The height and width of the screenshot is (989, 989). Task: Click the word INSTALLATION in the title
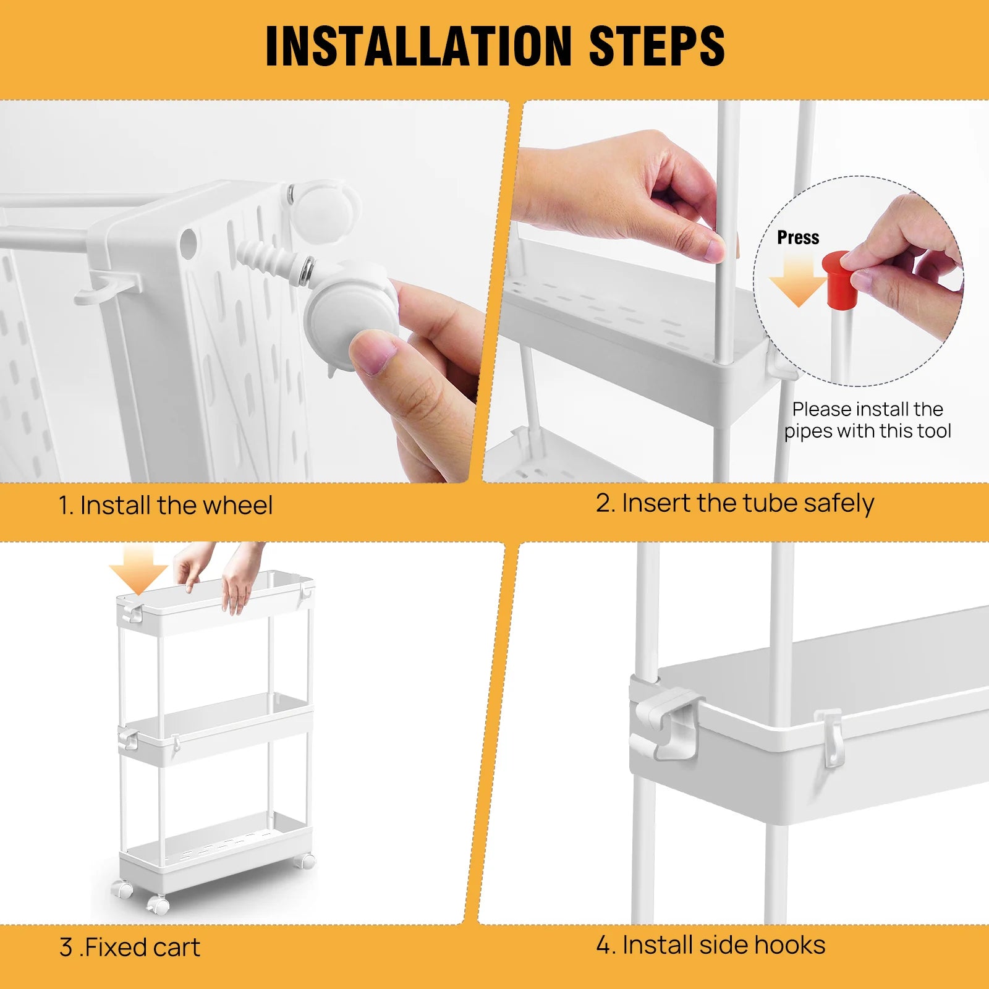pyautogui.click(x=418, y=46)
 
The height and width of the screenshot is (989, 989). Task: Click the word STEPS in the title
pyautogui.click(x=656, y=46)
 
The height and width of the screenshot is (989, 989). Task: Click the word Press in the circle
pyautogui.click(x=797, y=238)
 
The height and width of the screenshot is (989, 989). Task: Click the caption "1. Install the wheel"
pyautogui.click(x=165, y=506)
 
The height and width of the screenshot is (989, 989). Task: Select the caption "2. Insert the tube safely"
pyautogui.click(x=734, y=503)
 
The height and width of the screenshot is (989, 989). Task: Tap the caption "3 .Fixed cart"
pyautogui.click(x=130, y=948)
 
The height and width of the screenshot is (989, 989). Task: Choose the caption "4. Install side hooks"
pyautogui.click(x=711, y=945)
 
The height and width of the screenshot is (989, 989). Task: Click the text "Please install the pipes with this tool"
pyautogui.click(x=867, y=420)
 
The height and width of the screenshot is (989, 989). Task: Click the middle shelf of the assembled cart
pyautogui.click(x=216, y=729)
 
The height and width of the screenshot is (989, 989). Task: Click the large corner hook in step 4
pyautogui.click(x=671, y=720)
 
